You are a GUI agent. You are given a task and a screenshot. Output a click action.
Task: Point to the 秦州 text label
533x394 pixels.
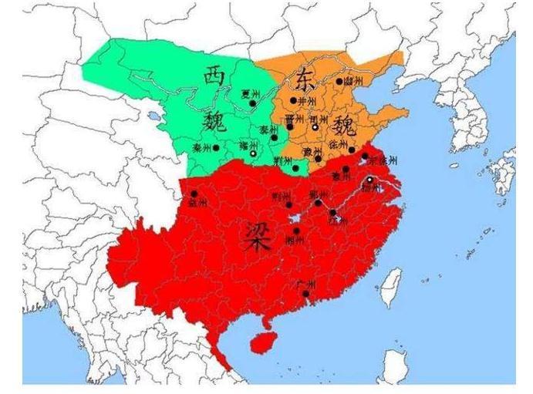pos(202,146)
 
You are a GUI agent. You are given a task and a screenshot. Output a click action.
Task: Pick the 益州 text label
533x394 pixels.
pos(197,204)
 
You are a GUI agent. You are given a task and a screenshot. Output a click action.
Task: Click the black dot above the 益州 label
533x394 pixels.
pos(194,194)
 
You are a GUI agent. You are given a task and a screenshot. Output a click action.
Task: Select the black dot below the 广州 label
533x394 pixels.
pos(307,293)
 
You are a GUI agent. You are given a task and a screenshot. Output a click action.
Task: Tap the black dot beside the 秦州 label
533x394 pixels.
pos(217,147)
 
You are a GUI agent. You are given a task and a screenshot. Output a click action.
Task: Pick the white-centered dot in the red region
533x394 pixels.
pos(370,180)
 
